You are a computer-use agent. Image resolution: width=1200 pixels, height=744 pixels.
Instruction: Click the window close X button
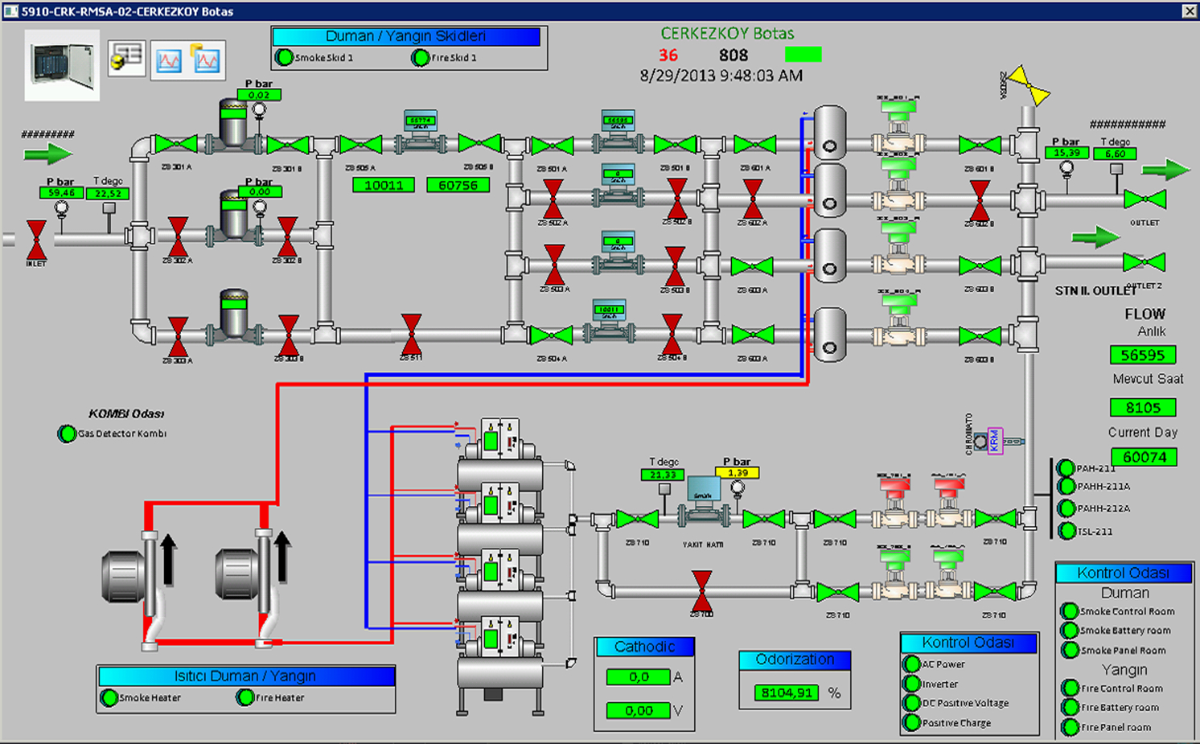pos(1190,11)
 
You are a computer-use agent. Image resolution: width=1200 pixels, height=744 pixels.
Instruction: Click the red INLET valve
pos(36,239)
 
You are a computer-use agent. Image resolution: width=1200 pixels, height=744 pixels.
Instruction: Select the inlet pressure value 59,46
pos(61,193)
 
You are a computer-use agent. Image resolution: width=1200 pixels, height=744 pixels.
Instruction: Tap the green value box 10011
pos(384,185)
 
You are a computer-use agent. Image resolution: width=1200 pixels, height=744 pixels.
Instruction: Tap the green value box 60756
pos(458,185)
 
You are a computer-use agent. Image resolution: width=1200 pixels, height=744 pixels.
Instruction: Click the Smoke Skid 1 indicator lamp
pos(284,57)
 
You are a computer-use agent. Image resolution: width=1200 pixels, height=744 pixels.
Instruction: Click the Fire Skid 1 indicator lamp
pos(420,58)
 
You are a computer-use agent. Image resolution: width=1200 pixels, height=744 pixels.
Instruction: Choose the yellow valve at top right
pos(1029,84)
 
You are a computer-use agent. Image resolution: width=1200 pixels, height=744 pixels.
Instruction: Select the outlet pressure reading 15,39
pos(1066,153)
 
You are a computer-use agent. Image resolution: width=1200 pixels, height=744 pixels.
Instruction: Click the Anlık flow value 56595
pos(1142,355)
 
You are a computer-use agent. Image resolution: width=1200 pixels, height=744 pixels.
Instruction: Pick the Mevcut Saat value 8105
pos(1142,407)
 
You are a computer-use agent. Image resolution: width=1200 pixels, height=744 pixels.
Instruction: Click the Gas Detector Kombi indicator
pos(67,434)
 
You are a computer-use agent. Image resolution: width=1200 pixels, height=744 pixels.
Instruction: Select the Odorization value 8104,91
pos(787,693)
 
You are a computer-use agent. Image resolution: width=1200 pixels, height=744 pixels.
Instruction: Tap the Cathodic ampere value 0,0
pos(639,677)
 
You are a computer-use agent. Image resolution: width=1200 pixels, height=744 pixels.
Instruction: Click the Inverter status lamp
pos(911,684)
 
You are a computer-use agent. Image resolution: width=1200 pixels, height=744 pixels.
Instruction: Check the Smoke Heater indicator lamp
pos(109,697)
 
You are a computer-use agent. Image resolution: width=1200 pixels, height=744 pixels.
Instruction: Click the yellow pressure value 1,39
pos(737,473)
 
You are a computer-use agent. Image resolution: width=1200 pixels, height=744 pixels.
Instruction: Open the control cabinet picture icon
pos(62,64)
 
